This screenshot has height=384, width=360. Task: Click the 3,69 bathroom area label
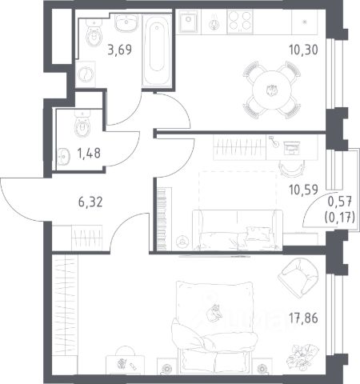(x=120, y=50)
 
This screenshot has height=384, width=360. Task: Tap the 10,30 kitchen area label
(x=303, y=50)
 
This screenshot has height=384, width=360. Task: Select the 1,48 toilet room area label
(x=89, y=153)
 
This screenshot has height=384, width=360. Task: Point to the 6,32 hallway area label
(x=90, y=202)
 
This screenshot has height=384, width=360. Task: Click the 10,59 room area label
(x=303, y=190)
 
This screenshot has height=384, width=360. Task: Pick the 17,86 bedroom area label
(x=303, y=318)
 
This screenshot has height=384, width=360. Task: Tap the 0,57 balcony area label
(x=340, y=202)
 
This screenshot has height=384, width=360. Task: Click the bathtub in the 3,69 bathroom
(x=157, y=50)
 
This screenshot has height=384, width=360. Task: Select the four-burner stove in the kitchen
(x=240, y=22)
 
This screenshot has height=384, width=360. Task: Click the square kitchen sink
(x=189, y=21)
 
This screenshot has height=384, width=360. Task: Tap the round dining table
(x=272, y=90)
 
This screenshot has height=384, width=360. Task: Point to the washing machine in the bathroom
(x=86, y=74)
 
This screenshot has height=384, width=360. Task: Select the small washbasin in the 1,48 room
(x=64, y=157)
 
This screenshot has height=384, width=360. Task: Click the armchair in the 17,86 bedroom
(x=298, y=278)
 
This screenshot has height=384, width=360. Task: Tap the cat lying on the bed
(x=214, y=313)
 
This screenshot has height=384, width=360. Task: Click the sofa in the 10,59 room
(x=237, y=230)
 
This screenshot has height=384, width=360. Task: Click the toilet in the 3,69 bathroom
(x=94, y=34)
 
